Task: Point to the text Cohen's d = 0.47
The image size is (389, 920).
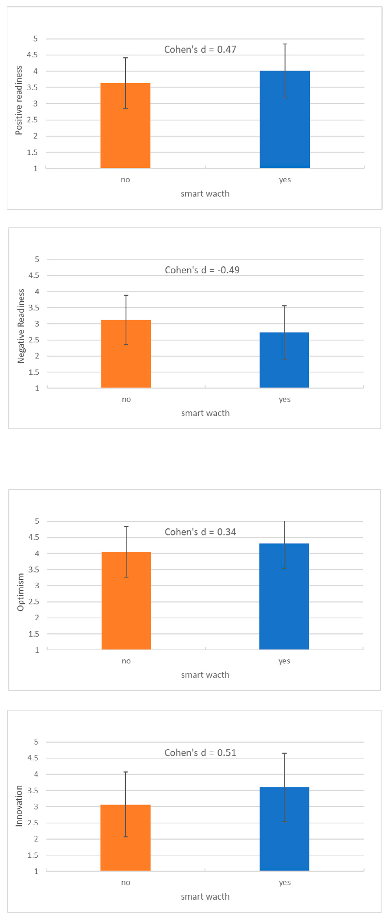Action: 200,49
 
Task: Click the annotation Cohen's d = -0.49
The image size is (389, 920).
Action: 202,270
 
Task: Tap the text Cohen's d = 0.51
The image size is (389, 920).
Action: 200,753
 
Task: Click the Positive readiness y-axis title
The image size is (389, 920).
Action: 19,100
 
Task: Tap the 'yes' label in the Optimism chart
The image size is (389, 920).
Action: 284,661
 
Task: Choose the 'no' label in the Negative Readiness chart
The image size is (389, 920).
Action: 126,399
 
